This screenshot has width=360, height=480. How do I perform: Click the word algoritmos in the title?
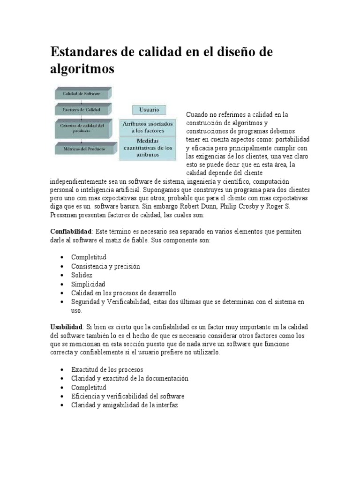pos(82,69)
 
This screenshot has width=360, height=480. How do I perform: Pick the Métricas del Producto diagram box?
pos(81,149)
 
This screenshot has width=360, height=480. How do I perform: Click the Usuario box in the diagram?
pos(149,110)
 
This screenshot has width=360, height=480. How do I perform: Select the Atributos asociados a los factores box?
pos(148,127)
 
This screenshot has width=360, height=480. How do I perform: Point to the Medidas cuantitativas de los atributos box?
pos(148,148)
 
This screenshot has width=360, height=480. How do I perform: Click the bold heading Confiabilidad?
pos(71,232)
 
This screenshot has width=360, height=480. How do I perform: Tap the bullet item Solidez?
pos(82,275)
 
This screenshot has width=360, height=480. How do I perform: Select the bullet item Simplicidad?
pos(88,284)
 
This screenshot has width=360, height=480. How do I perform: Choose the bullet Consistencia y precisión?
pos(105,266)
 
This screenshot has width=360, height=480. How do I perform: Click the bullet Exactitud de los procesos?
pos(107,369)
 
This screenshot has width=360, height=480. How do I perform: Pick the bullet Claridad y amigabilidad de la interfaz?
pos(124,405)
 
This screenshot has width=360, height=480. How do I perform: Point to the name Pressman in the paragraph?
pos(64,215)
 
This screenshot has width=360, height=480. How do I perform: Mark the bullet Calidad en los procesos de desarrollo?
pos(124,293)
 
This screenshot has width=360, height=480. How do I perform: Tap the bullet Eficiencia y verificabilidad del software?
pos(127,396)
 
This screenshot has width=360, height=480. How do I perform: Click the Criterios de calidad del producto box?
pos(81,128)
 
